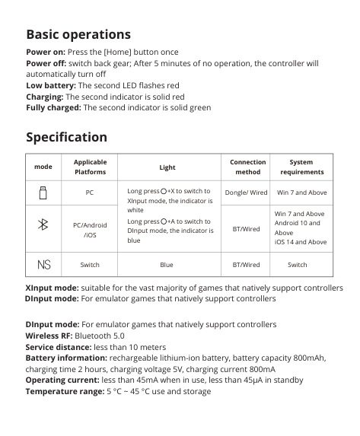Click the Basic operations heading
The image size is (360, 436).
78,34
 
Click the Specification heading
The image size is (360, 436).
66,137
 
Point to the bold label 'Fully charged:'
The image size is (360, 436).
53,108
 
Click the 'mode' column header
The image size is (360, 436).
43,167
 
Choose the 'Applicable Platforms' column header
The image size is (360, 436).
90,167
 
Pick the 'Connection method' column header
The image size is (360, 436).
247,167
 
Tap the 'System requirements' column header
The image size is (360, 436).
301,167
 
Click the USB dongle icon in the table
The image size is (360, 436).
43,193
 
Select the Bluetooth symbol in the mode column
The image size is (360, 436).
43,224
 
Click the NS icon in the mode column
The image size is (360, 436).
43,265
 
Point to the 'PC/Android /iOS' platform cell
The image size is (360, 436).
90,230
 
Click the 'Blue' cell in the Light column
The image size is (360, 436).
167,265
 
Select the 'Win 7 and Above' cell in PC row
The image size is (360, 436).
301,193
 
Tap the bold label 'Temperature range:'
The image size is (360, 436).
64,391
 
